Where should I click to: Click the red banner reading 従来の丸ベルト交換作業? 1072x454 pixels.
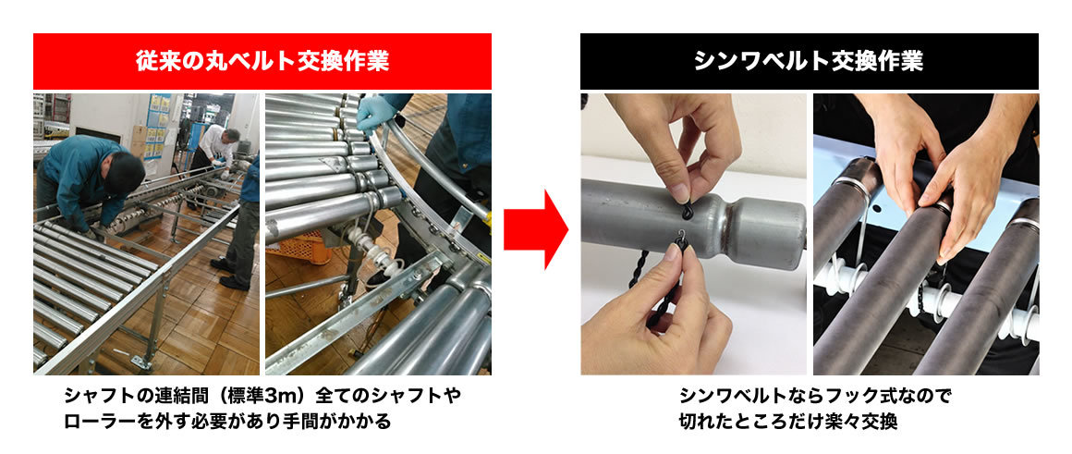pyautogui.click(x=262, y=62)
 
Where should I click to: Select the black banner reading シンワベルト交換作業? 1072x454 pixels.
pyautogui.click(x=809, y=62)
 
